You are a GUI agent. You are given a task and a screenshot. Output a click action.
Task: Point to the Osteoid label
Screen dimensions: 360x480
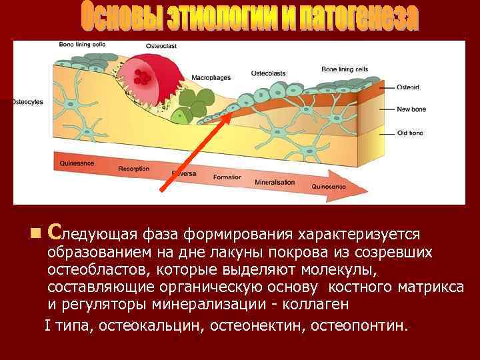coord(407,87)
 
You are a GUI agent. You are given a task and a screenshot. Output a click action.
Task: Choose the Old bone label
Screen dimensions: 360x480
coord(410,133)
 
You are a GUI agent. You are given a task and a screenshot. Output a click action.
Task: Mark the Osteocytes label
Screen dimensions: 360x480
coord(27,102)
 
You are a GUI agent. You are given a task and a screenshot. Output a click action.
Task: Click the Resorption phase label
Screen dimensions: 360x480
coord(133,169)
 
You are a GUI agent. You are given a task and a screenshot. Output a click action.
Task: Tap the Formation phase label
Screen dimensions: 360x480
coord(227,177)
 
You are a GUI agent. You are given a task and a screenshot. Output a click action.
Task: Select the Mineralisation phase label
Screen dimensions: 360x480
coord(277,181)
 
